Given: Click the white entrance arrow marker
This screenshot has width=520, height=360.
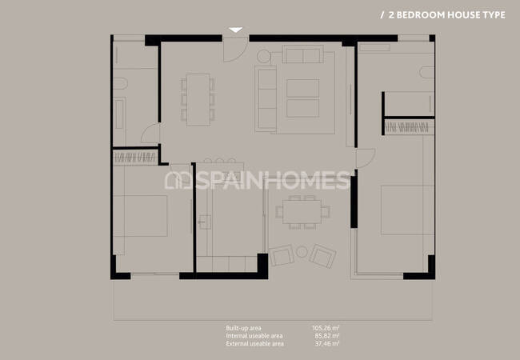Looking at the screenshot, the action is coord(235,30).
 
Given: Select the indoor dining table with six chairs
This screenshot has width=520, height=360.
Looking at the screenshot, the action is coord(198,100).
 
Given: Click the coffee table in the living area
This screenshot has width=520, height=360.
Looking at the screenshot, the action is coord(302,98).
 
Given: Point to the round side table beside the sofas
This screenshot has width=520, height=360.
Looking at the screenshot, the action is coord(264,56).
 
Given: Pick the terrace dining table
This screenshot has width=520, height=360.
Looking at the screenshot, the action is coord(302,212).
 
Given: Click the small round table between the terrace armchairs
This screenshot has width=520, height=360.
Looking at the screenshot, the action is coord(302,252).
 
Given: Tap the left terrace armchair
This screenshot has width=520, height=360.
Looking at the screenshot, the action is coord(282,255).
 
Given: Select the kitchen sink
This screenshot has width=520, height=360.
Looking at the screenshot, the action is coord(204,222).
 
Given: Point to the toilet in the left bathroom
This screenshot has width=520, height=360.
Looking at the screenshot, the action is coord(120,83).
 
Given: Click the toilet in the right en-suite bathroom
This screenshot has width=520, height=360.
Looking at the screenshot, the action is coord(427,72).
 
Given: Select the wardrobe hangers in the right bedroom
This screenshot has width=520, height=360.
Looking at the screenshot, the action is coord(409,127).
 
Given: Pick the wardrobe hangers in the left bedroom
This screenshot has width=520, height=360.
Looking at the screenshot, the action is coord(135,158).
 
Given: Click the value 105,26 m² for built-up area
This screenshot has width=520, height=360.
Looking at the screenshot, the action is coord(326,328).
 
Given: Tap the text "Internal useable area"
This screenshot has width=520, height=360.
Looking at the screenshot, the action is coord(254,336).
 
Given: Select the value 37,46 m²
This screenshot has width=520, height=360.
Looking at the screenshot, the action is coord(327,344).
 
